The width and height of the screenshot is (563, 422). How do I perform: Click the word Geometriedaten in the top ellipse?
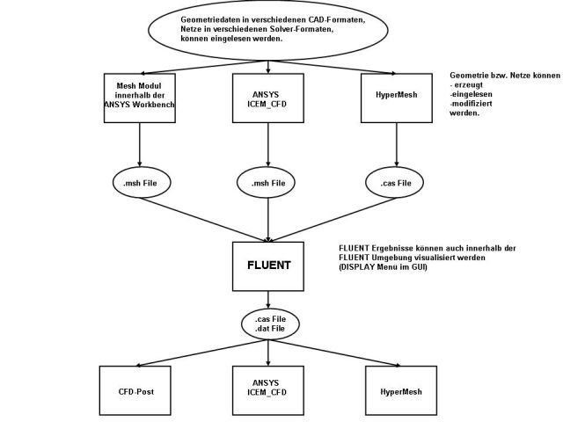210,18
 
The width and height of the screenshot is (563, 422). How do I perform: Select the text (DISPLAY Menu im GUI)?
383,266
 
